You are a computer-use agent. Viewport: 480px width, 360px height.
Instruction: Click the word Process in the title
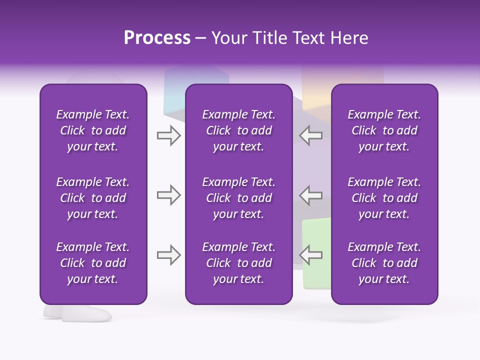tap(157, 38)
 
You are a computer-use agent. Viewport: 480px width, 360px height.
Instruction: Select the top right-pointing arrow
tap(168, 135)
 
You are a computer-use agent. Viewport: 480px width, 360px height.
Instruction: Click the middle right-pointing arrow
tap(168, 195)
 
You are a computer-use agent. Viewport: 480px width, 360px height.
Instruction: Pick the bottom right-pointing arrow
tap(168, 255)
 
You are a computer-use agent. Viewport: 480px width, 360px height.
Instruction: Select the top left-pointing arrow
tap(311, 135)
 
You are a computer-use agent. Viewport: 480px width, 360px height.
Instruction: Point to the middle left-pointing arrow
tap(311, 195)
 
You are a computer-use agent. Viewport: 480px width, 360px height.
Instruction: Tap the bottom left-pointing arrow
tap(311, 255)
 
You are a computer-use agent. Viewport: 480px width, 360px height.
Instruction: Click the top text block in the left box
tap(93, 130)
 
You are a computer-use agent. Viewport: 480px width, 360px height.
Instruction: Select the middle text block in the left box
tap(93, 198)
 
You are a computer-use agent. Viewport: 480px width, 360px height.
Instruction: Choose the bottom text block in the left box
tap(93, 263)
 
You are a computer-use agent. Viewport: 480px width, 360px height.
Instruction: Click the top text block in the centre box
tap(238, 130)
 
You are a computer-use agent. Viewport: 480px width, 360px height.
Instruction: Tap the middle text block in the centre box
tap(238, 198)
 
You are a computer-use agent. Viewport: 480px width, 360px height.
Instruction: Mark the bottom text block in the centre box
tap(238, 263)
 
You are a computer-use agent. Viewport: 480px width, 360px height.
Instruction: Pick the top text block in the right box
tap(384, 130)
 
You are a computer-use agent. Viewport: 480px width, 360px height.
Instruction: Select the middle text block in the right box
tap(384, 198)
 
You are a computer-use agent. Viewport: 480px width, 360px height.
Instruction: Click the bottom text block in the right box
tap(384, 263)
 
